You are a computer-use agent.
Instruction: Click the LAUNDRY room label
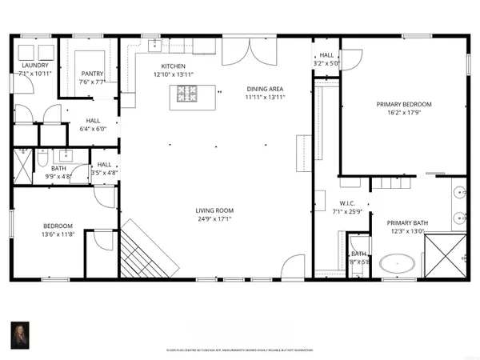point(36,66)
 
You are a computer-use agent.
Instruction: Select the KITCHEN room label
point(174,66)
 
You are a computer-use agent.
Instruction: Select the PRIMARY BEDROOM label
point(404,104)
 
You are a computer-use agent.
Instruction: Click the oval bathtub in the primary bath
point(398,263)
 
